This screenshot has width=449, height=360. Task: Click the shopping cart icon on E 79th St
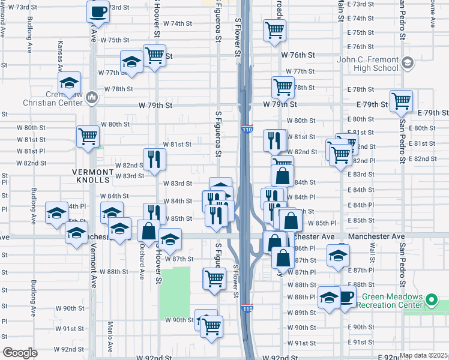tap(401, 101)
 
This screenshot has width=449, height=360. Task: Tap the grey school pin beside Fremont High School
tap(408, 62)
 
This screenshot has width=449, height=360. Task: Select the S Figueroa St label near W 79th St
tap(218, 132)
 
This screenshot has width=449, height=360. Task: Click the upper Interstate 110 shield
tap(247, 128)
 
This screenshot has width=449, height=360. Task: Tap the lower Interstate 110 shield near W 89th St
tap(247, 308)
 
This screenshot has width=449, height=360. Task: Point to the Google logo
tap(20, 353)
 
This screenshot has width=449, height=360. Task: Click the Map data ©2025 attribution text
tap(423, 355)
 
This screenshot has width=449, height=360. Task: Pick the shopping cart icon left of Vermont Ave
tap(88, 136)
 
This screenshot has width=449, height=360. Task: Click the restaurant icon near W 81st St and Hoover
tap(154, 158)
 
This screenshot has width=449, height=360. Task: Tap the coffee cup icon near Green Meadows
tap(345, 297)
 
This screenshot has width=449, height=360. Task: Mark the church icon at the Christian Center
tap(92, 97)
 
